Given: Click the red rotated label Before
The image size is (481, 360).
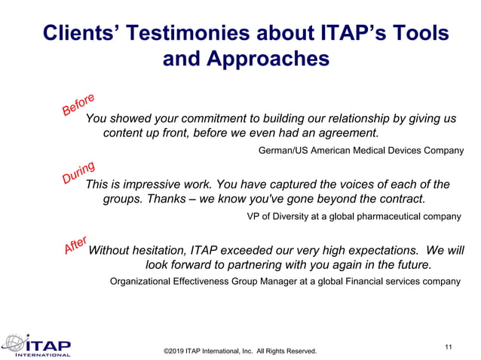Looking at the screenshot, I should pos(78,105).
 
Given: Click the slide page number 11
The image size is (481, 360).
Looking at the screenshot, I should pos(449,346).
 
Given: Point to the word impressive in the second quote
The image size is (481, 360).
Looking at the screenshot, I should pos(155,184).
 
